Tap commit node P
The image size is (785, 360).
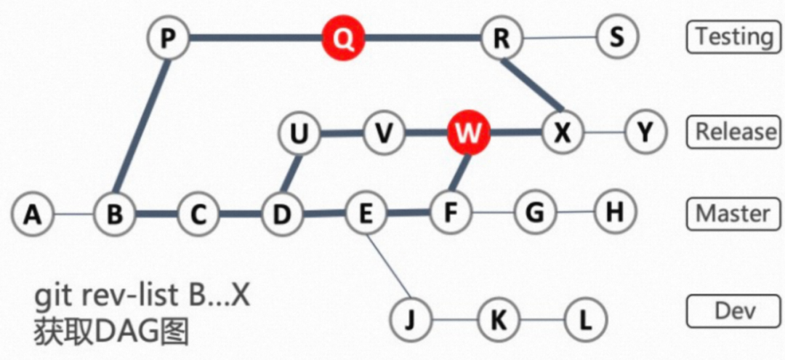tap(168, 37)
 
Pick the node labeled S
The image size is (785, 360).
tap(616, 37)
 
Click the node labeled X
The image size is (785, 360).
tap(563, 133)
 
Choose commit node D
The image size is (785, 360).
tap(282, 214)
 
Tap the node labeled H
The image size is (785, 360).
tap(615, 212)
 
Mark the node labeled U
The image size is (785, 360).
tap(299, 133)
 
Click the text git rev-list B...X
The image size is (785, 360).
tap(142, 297)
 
